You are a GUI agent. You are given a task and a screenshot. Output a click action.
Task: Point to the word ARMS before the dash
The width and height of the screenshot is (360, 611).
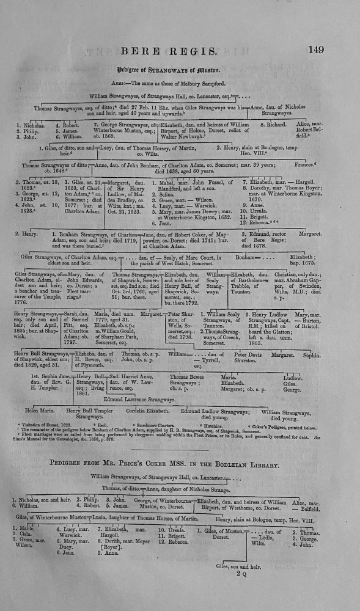(144, 81)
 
